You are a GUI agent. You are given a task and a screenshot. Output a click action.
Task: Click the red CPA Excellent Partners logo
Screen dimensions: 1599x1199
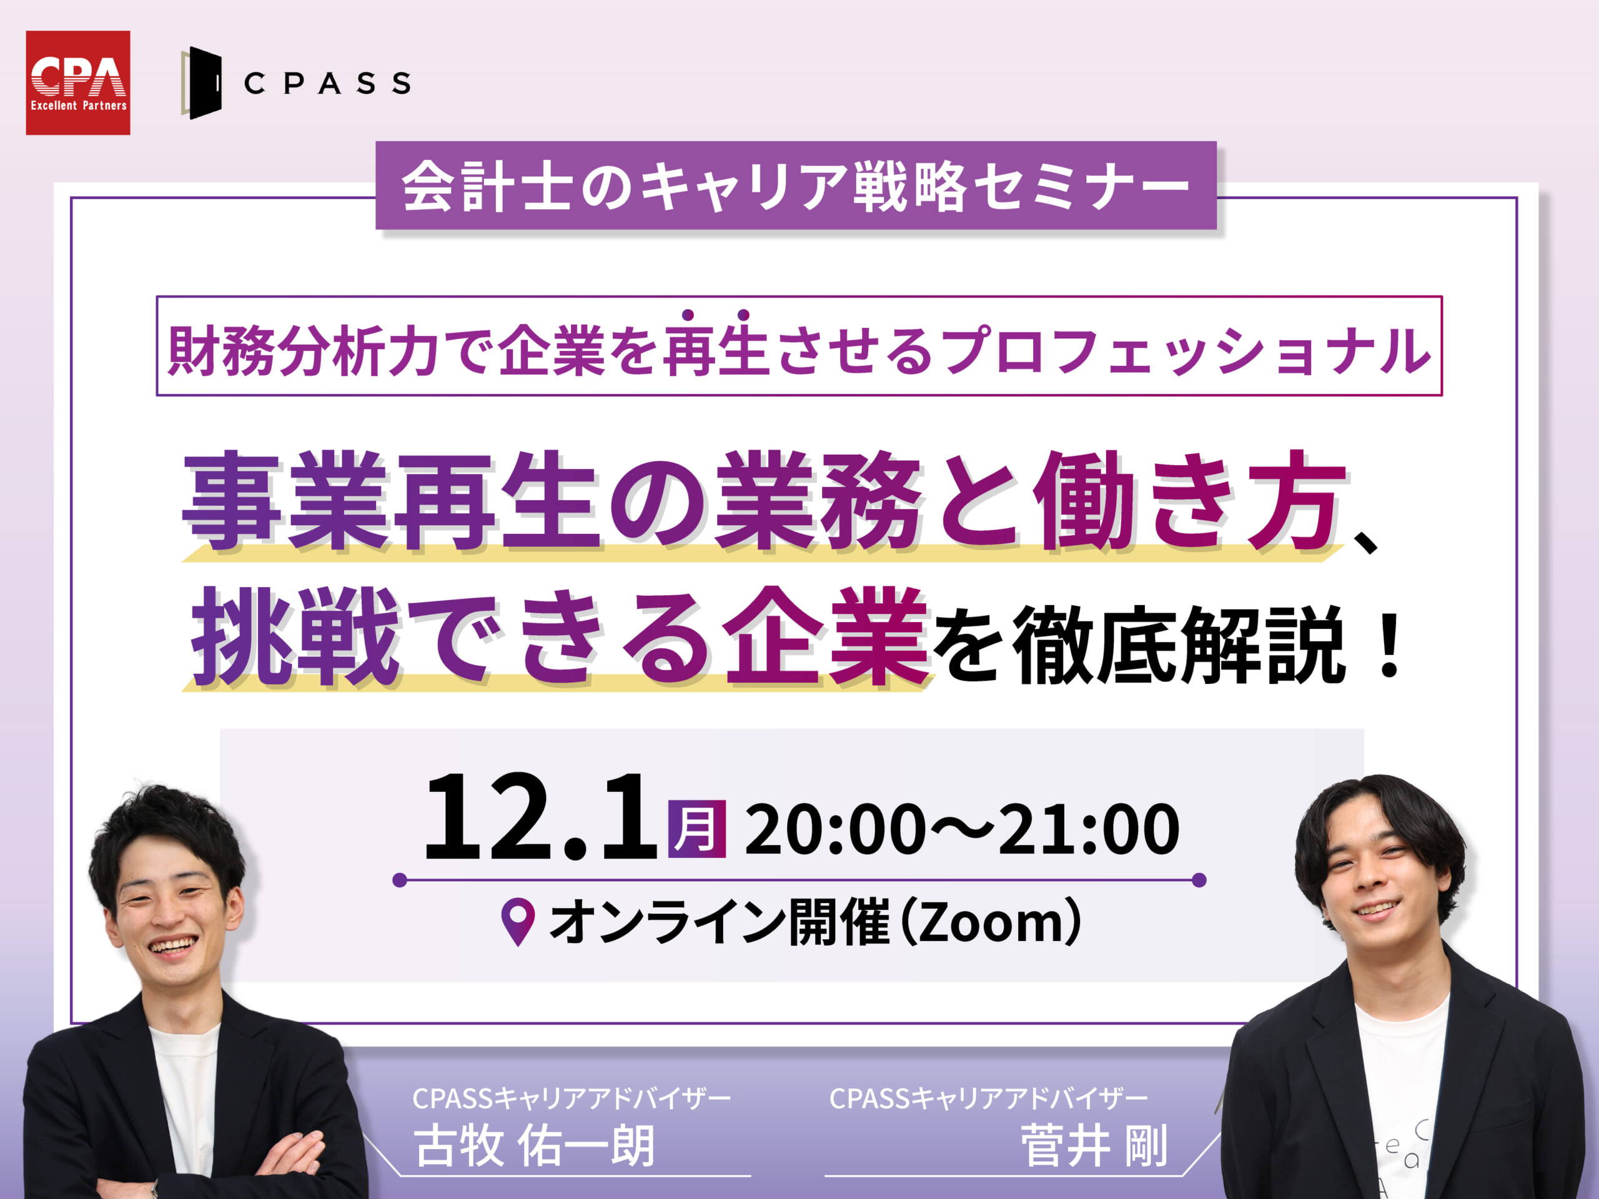point(78,82)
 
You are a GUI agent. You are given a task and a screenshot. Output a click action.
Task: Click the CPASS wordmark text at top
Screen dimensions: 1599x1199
point(327,83)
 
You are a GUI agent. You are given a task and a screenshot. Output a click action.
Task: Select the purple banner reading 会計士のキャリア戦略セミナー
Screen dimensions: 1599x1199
point(796,185)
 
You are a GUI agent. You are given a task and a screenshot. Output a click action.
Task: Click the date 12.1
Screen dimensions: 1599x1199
point(540,817)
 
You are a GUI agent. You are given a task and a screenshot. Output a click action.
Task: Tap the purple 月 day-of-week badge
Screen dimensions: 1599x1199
point(697,829)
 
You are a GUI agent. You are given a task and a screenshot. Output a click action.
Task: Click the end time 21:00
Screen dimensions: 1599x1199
point(1089,830)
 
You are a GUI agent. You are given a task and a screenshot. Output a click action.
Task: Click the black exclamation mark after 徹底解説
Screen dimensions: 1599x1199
point(1389,644)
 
